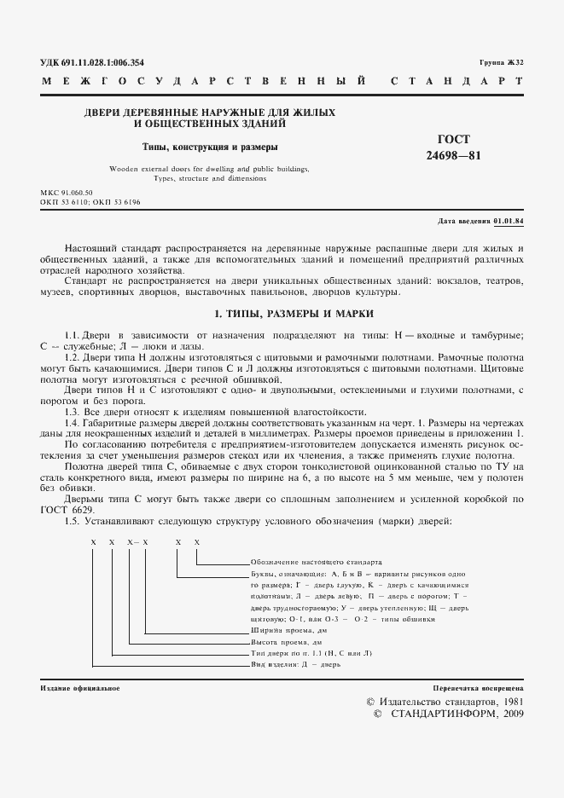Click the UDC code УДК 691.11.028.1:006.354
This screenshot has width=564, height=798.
[x=92, y=62]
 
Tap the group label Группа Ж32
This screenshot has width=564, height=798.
[x=502, y=63]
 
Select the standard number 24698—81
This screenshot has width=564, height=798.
[x=460, y=155]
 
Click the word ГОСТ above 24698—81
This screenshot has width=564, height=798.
[x=460, y=140]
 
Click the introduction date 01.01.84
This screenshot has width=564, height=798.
[x=509, y=221]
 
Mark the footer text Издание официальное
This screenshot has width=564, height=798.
[x=79, y=687]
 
